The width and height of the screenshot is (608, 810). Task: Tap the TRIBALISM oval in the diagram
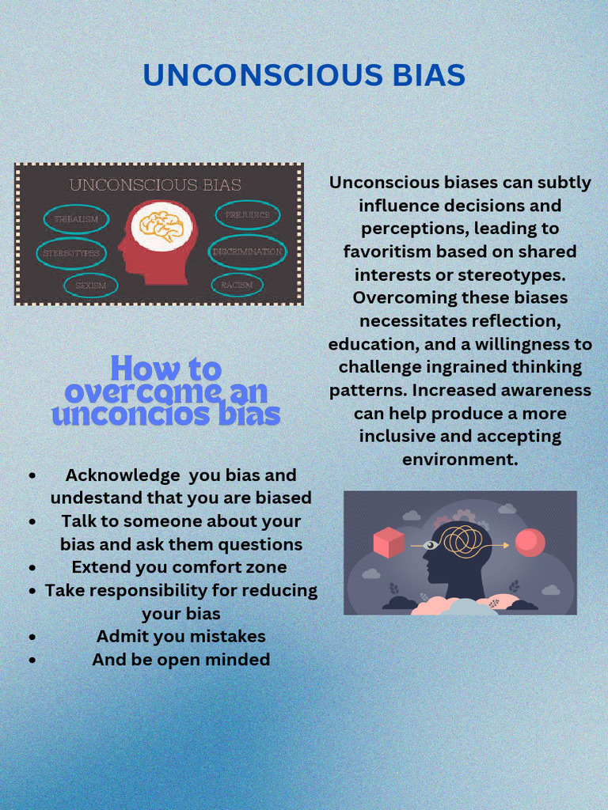(76, 219)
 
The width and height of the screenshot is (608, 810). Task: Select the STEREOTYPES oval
(71, 253)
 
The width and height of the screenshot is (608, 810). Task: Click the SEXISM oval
(91, 286)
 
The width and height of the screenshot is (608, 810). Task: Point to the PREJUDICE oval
(248, 214)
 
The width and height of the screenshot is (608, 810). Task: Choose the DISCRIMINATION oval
(247, 252)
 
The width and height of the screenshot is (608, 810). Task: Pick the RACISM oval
(237, 285)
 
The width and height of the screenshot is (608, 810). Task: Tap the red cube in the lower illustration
(389, 543)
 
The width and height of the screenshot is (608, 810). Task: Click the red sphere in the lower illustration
(530, 543)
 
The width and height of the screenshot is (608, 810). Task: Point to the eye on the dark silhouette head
(431, 545)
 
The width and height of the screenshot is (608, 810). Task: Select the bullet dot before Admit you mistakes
(32, 637)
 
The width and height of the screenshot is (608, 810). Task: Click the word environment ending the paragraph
(460, 460)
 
